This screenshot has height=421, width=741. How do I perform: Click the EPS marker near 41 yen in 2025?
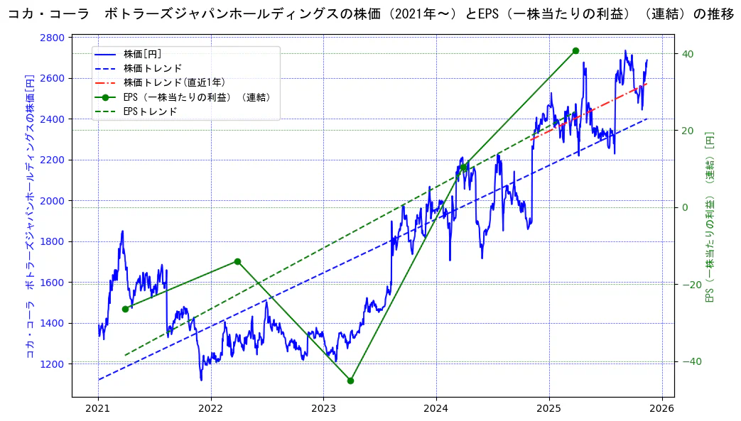[575, 50]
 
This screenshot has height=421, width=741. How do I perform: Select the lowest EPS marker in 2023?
[350, 381]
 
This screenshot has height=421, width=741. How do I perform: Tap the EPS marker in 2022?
[237, 261]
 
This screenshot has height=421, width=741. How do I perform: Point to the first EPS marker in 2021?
[125, 309]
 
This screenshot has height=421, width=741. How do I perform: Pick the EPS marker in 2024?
[463, 168]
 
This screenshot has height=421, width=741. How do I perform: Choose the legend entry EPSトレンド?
[150, 111]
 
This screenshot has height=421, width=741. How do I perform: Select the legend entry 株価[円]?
[142, 54]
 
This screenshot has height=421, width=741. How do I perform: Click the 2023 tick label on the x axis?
[323, 408]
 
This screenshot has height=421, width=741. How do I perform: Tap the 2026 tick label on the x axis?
[662, 408]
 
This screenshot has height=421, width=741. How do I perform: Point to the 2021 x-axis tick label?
[98, 408]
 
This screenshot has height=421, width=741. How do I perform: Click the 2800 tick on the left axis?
[55, 38]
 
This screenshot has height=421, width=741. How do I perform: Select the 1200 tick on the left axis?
[55, 364]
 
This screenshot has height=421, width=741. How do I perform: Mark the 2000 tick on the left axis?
[55, 201]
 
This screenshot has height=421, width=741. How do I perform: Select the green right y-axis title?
[710, 217]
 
